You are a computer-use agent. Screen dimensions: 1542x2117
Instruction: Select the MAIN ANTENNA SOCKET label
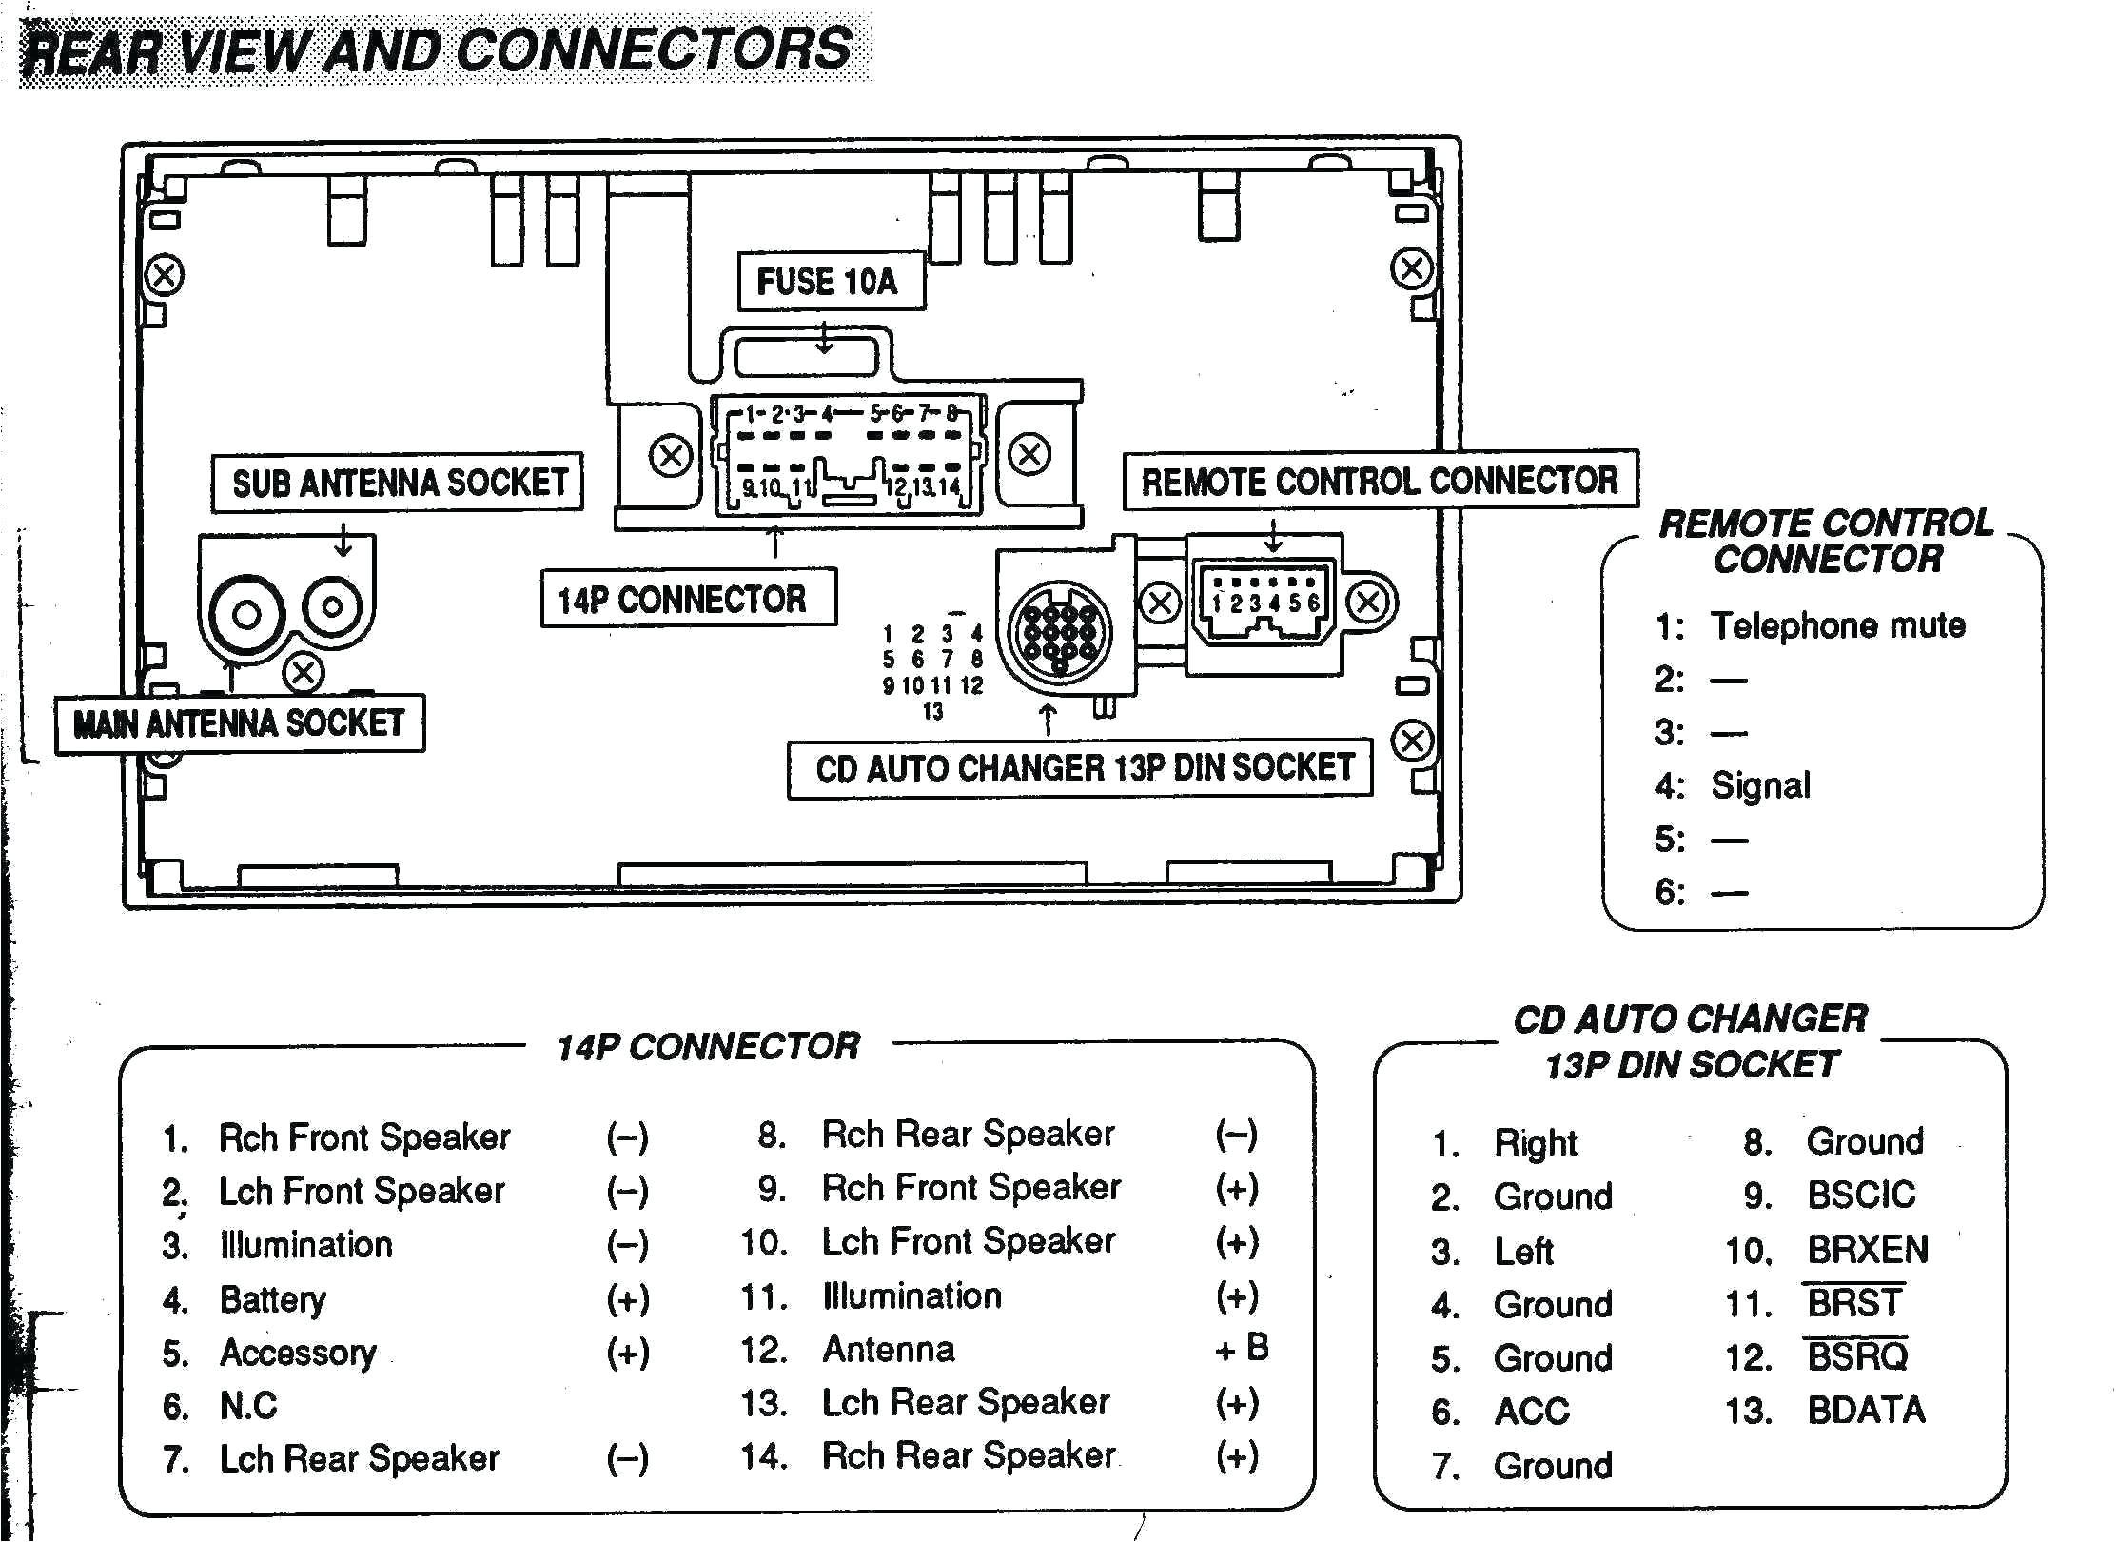click(x=239, y=723)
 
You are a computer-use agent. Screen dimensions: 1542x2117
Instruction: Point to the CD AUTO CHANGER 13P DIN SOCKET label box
click(x=1080, y=768)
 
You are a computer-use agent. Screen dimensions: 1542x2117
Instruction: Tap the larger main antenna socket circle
click(x=246, y=614)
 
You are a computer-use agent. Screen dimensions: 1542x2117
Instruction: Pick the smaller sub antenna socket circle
click(x=333, y=605)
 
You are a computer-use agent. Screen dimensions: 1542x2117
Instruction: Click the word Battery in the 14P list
click(x=272, y=1299)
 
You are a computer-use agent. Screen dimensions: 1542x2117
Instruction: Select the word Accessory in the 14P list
click(x=298, y=1353)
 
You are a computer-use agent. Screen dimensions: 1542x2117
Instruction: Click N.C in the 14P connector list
click(x=248, y=1405)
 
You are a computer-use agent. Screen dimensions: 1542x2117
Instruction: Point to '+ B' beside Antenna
click(x=1241, y=1348)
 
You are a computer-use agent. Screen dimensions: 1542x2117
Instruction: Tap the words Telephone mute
click(x=1837, y=625)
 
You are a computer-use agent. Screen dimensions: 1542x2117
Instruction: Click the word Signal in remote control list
click(x=1760, y=786)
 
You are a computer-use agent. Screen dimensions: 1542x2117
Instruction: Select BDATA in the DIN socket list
click(x=1866, y=1410)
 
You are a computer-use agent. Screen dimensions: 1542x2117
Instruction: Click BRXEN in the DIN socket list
click(x=1867, y=1250)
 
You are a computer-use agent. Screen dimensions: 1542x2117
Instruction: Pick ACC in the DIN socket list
click(x=1532, y=1412)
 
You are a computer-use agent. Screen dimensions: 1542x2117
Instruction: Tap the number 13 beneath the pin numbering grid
click(x=932, y=711)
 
